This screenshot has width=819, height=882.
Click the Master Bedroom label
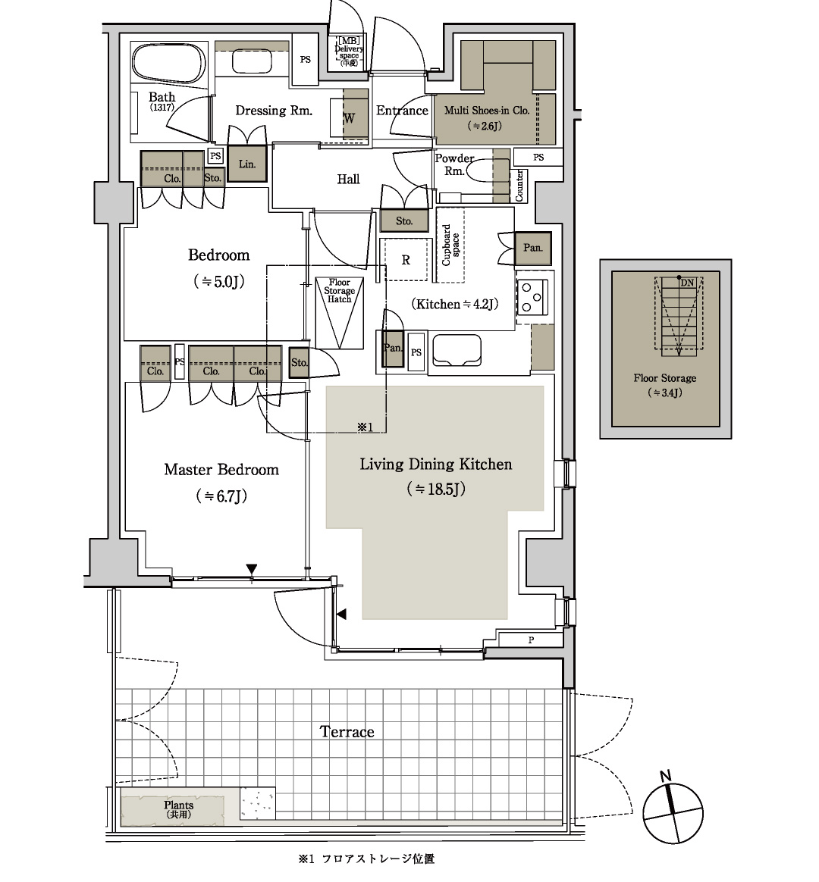coord(221,470)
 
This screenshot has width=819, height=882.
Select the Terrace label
coord(347,732)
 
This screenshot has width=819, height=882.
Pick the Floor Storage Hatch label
coord(340,291)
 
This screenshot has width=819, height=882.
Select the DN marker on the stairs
coord(687,283)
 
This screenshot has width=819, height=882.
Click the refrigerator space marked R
coord(406,260)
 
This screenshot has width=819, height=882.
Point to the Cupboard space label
coord(450,246)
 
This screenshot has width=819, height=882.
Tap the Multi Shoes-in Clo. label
coord(487,111)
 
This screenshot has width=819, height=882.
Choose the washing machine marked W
coord(349,118)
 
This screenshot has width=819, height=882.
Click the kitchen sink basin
coord(455,350)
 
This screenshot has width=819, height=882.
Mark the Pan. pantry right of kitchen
coord(532,248)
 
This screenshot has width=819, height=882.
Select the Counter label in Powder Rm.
coord(519,186)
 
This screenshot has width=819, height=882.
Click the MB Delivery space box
coord(349,52)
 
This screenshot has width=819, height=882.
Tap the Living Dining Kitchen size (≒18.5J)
coord(436,489)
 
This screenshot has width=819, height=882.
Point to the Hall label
coord(348,180)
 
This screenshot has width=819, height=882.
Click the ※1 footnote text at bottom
coord(366,859)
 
